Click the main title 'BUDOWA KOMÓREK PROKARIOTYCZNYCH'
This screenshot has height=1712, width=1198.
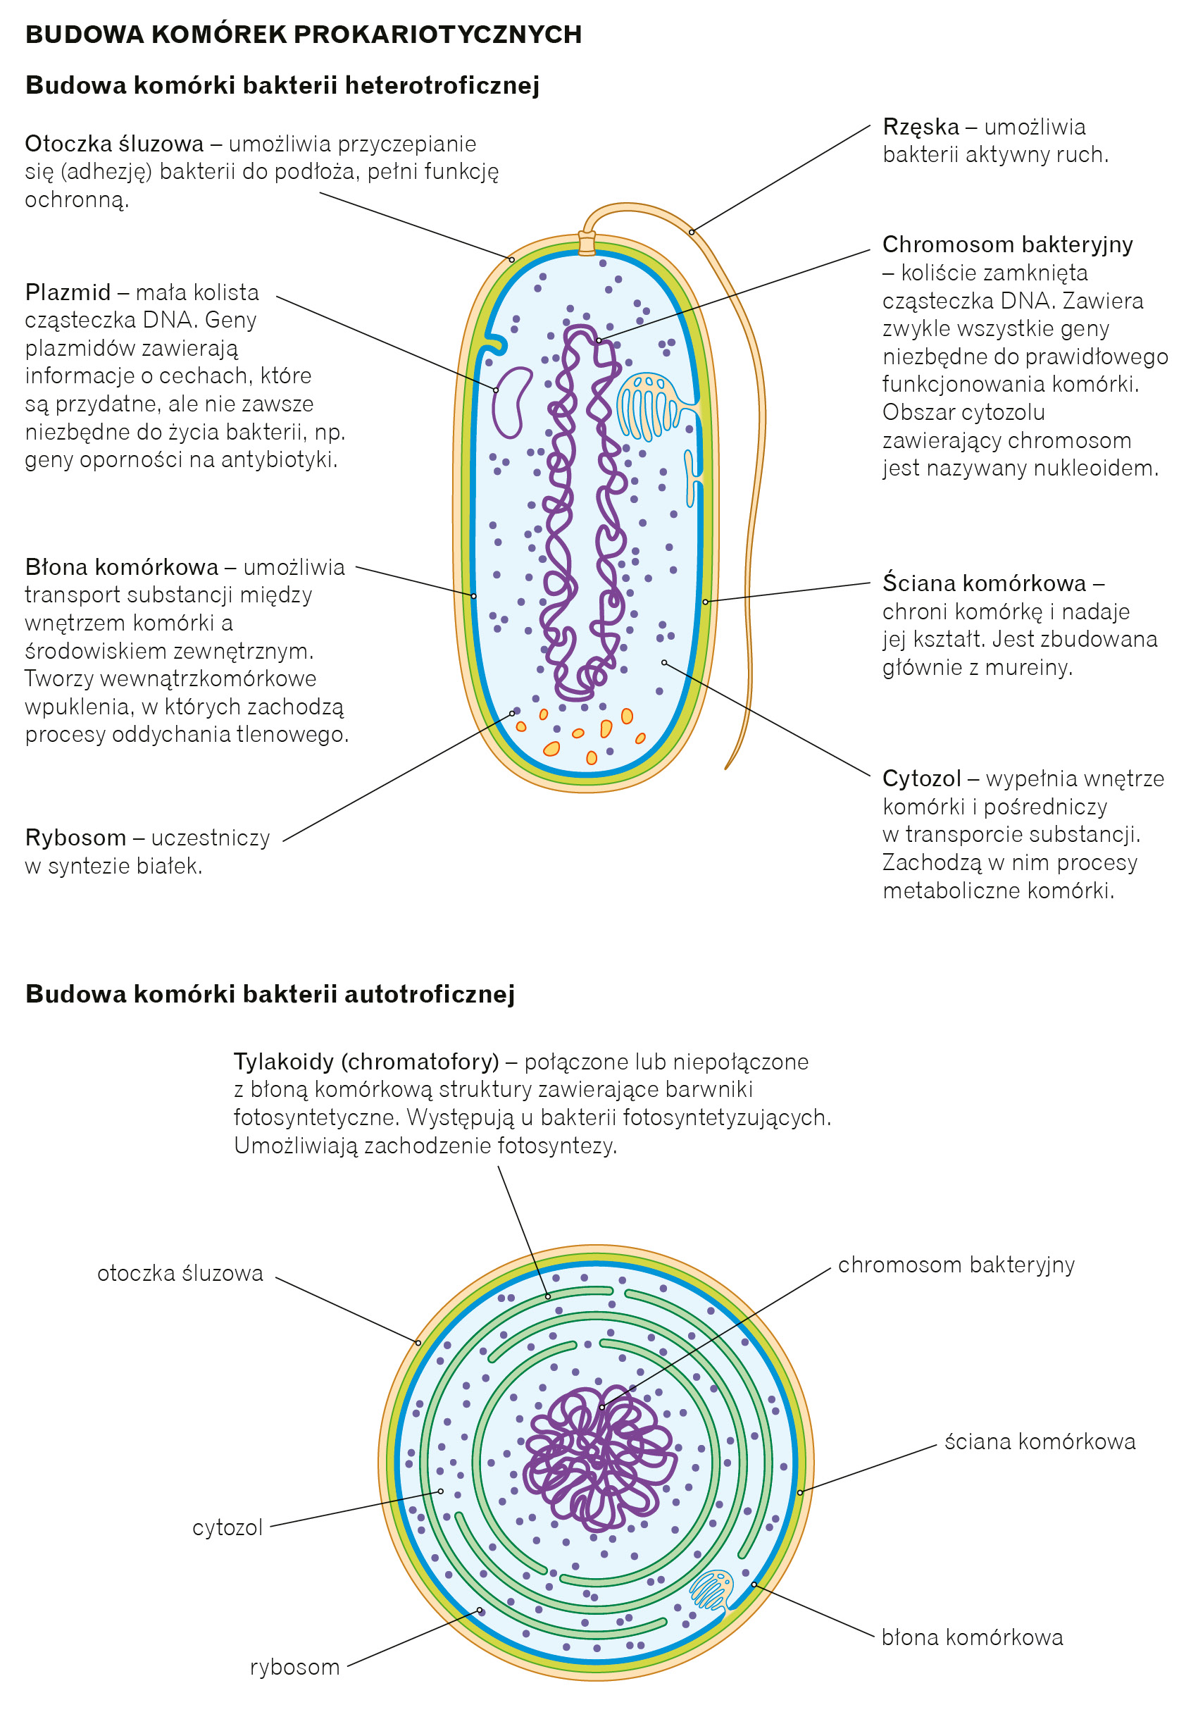point(303,35)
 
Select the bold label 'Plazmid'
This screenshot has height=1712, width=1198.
point(67,292)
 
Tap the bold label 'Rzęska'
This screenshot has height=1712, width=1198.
point(920,127)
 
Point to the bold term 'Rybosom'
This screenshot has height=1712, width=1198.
point(75,838)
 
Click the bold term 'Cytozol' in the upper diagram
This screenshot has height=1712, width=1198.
point(921,779)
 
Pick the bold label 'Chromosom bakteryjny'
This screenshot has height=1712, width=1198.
point(1006,244)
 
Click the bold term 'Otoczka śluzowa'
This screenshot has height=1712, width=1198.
point(113,144)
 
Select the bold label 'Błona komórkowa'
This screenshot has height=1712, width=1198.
point(122,567)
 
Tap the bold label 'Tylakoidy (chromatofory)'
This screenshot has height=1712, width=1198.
point(366,1061)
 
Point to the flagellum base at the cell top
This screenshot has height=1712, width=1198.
point(587,243)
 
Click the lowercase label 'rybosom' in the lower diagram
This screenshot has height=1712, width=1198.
point(294,1666)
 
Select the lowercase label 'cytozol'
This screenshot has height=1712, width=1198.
point(227,1528)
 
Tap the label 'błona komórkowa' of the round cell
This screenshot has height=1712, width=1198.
point(971,1637)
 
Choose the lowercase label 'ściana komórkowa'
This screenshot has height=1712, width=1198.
point(1040,1441)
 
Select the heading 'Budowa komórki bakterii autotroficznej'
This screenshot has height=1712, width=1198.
point(270,994)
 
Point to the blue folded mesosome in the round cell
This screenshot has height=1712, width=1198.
point(711,1589)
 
